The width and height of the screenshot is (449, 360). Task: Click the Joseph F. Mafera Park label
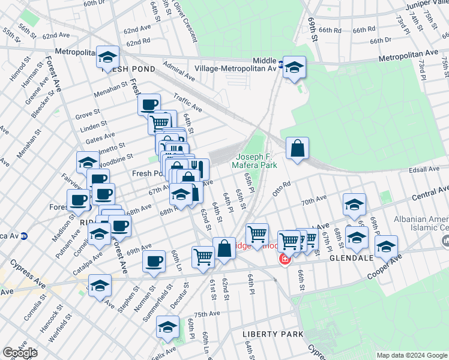click(x=256, y=160)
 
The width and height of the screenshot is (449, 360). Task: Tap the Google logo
click(x=19, y=353)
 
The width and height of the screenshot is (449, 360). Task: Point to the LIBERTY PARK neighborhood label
click(x=268, y=334)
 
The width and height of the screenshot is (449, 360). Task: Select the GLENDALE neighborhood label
click(x=352, y=257)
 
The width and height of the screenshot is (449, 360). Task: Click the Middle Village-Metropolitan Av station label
click(x=247, y=65)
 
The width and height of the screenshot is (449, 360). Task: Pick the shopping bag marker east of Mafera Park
click(x=297, y=148)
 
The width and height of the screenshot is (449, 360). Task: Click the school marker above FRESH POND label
click(x=107, y=58)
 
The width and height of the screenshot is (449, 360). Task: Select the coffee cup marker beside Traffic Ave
click(x=148, y=104)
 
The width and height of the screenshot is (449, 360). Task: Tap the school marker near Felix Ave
click(x=167, y=327)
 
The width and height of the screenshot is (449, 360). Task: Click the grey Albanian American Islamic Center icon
click(x=445, y=241)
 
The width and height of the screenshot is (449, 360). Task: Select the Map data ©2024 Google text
click(x=412, y=355)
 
